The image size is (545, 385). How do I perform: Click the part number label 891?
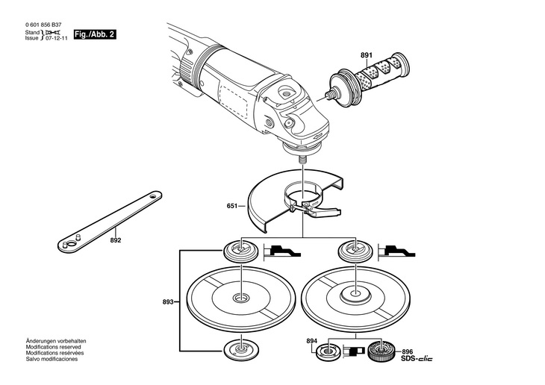click(x=367, y=55)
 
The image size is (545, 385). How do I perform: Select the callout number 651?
click(x=232, y=206)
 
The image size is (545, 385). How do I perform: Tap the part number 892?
click(x=116, y=240)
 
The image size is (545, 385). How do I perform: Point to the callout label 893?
click(x=168, y=302)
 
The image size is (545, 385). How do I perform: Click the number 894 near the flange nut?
click(x=312, y=341)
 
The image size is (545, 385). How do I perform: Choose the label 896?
click(x=408, y=352)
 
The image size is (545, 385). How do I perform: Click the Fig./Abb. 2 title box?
click(x=95, y=35)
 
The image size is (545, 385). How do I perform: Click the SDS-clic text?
click(x=417, y=359)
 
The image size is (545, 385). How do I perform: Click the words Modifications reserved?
click(x=53, y=347)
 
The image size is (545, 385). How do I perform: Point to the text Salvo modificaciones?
click(x=52, y=359)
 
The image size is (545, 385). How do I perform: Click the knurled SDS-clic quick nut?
click(x=381, y=351)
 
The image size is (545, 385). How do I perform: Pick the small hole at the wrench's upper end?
click(x=152, y=196)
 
